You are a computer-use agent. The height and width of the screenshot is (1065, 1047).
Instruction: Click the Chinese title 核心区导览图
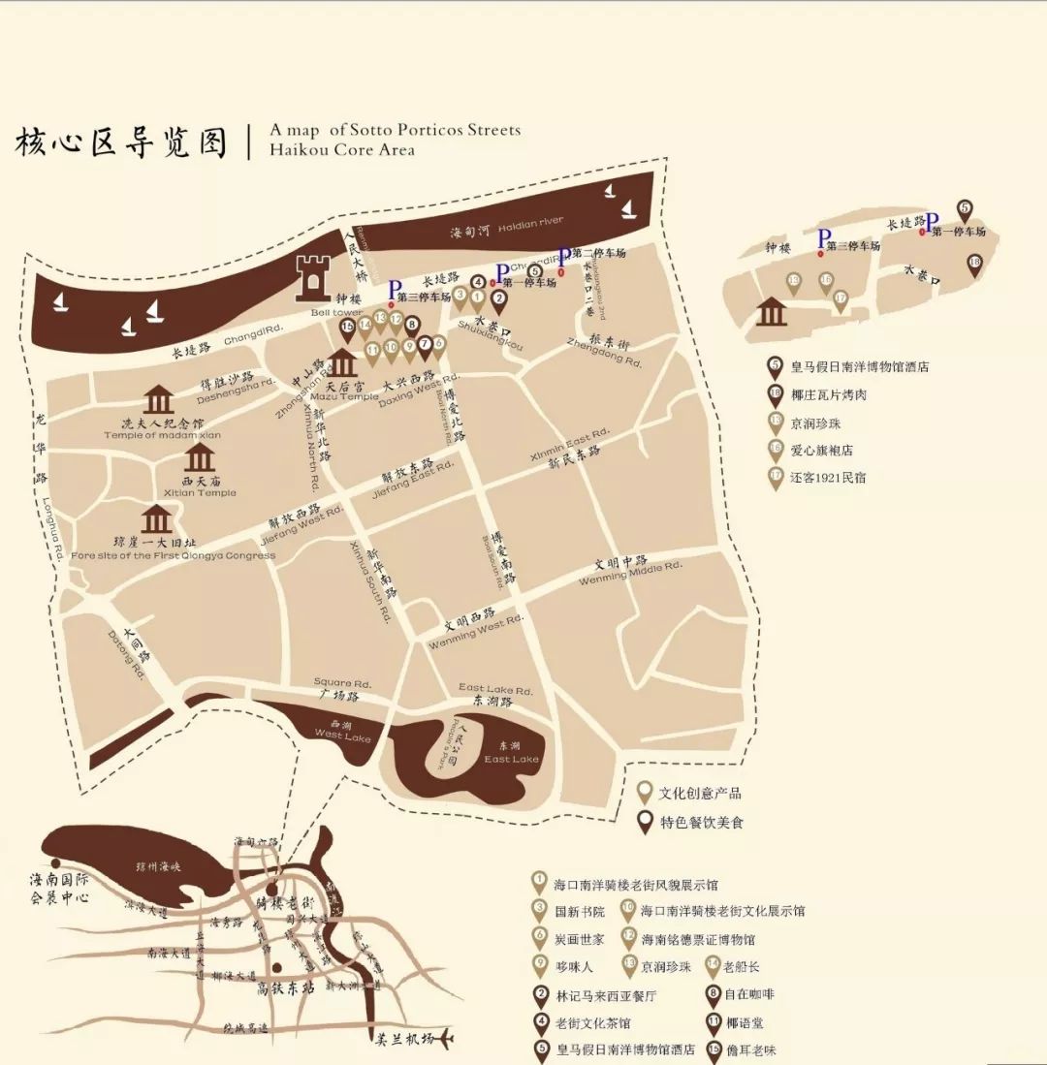tap(120, 141)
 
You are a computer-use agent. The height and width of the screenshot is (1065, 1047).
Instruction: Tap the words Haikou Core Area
tap(342, 150)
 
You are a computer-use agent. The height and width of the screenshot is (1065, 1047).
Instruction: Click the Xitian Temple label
tap(202, 492)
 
